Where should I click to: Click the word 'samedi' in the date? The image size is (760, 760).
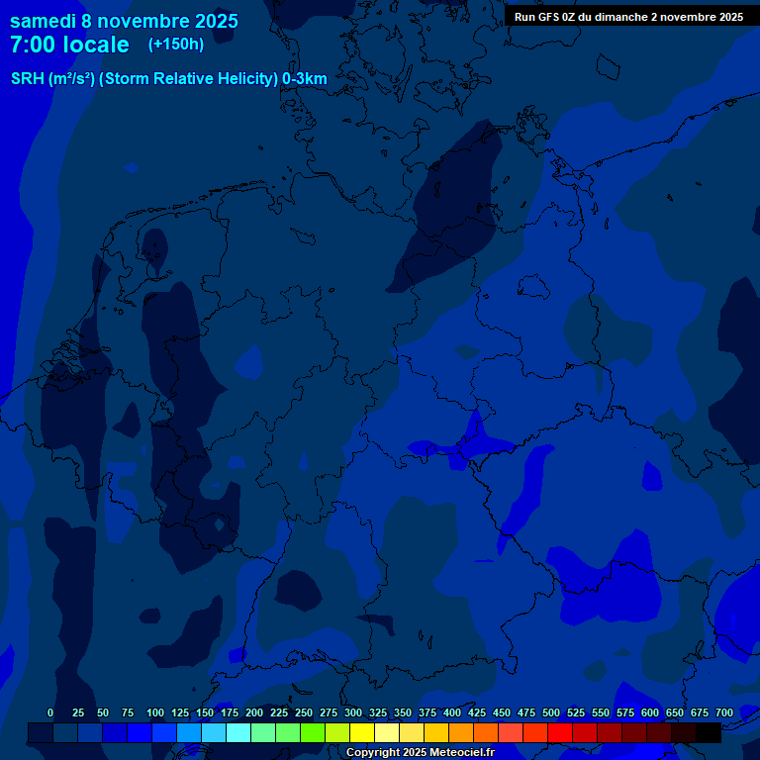(44, 20)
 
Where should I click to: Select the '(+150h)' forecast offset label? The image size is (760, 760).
(175, 44)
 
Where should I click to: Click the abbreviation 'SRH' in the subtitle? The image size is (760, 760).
(28, 79)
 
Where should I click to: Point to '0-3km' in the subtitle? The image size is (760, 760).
(304, 79)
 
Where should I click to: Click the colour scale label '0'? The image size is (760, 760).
(50, 712)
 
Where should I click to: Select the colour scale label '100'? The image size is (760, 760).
(155, 712)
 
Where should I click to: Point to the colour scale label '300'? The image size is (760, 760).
(353, 712)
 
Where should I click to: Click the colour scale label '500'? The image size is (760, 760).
(551, 712)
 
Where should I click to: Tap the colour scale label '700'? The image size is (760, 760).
(724, 712)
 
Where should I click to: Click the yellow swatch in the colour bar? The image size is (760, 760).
(362, 733)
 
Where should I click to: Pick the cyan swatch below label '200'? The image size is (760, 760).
(238, 733)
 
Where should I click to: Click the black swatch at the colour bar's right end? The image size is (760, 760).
(709, 733)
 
